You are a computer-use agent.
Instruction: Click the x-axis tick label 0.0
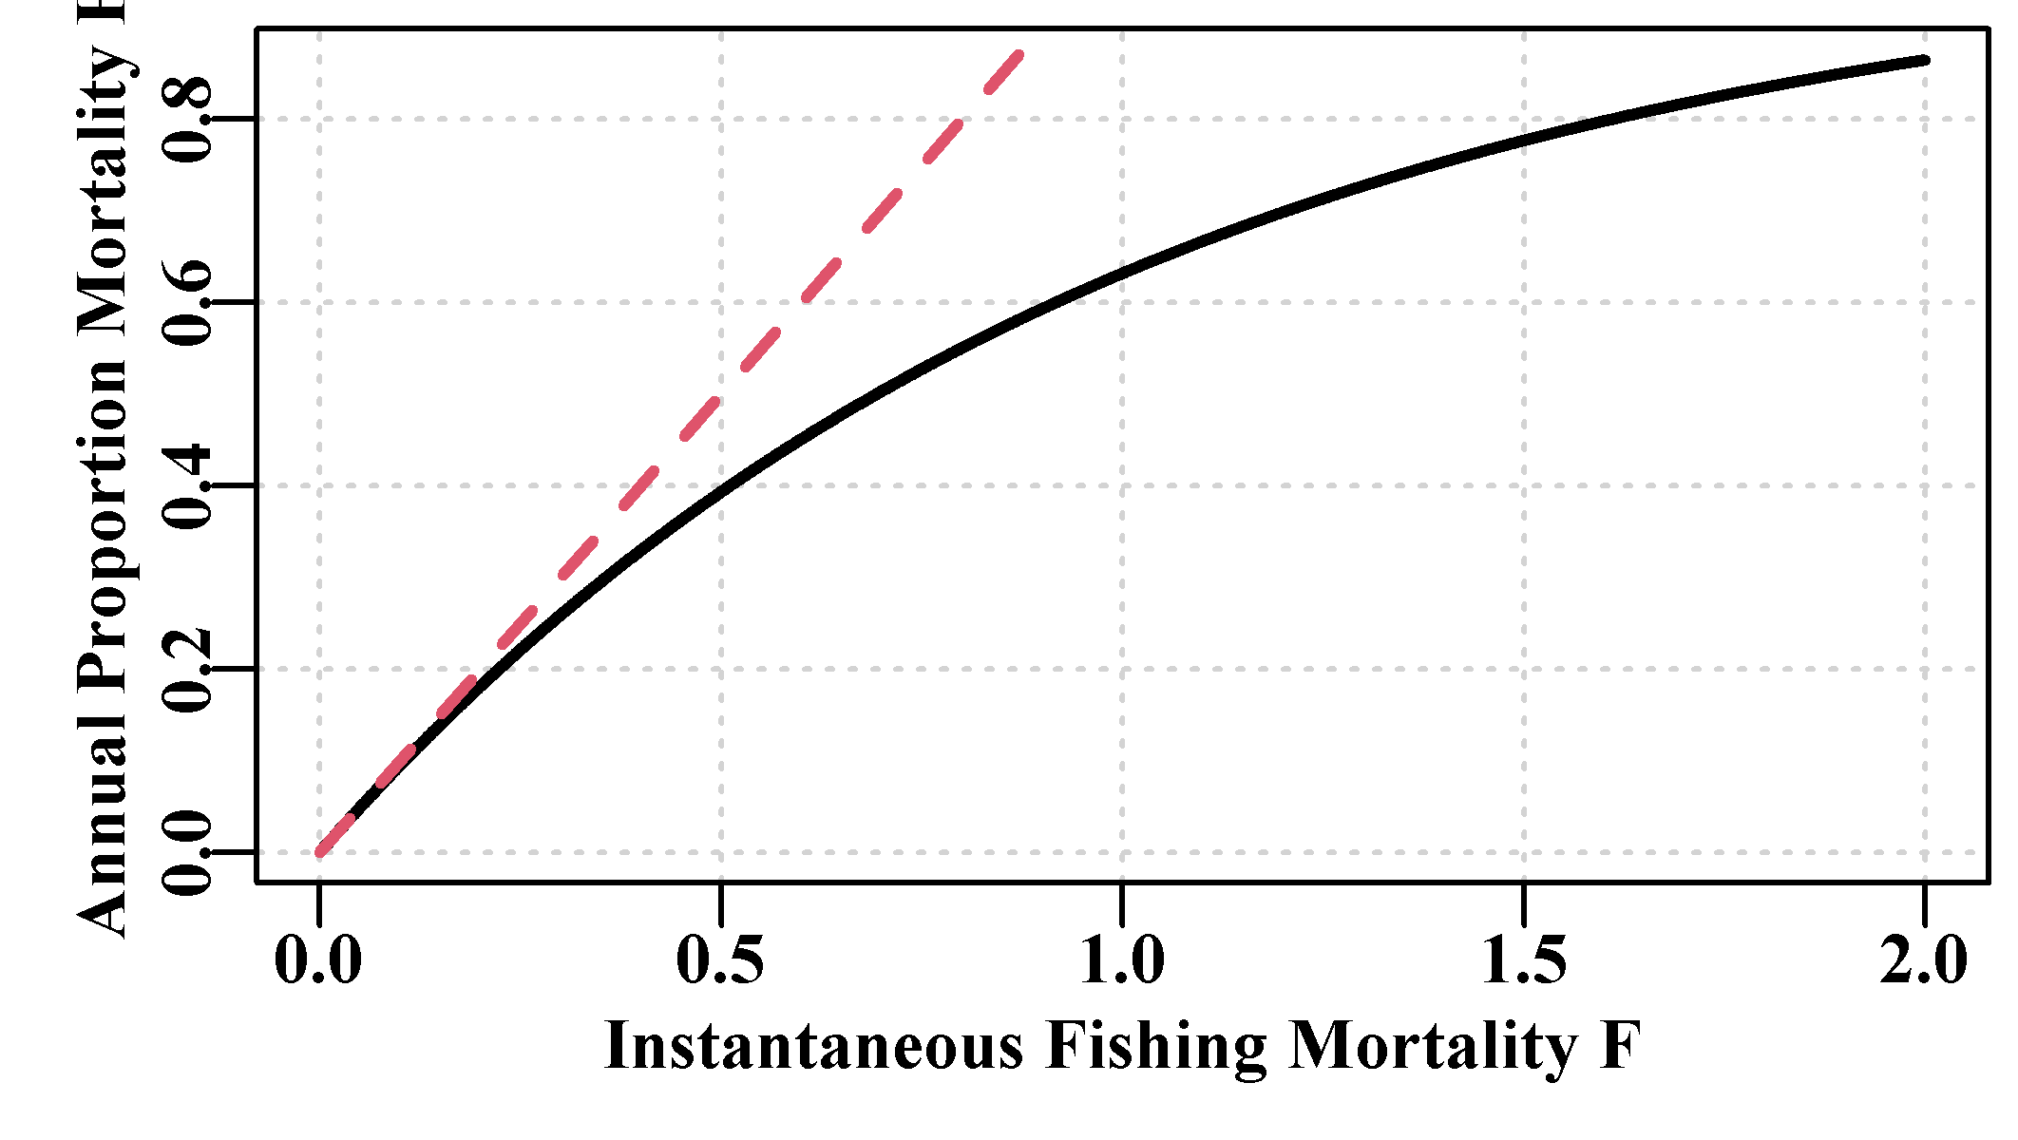tap(318, 960)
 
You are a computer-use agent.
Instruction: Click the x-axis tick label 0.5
tap(720, 960)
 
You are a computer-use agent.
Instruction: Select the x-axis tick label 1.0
tap(1122, 960)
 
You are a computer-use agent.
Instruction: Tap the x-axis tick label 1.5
tap(1524, 960)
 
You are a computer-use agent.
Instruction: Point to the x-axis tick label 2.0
tap(1925, 960)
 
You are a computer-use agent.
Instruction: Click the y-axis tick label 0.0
tap(187, 852)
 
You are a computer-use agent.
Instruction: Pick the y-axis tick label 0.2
tap(187, 669)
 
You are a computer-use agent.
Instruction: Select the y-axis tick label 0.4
tap(187, 485)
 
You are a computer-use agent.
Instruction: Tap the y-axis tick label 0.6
tap(187, 302)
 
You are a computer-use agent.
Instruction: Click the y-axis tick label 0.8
tap(187, 119)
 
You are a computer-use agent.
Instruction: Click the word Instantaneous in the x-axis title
tap(814, 1046)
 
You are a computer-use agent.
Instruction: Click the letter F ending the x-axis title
tap(1621, 1046)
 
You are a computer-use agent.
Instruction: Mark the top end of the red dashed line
tap(1019, 54)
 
